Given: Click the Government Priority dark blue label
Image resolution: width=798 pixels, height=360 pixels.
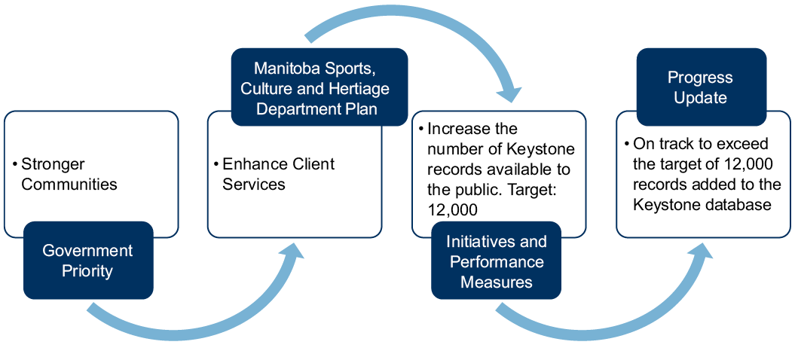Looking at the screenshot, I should (87, 261).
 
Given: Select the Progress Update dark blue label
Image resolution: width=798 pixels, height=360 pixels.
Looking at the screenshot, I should (701, 87).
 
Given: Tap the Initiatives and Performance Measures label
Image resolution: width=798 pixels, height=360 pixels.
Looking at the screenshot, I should (496, 261).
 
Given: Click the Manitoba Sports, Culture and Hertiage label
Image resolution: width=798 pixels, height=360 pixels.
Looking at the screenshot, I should (320, 88).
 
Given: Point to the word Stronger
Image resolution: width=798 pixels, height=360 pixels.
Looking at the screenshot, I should (53, 164).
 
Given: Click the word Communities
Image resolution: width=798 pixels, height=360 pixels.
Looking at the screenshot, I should (69, 185).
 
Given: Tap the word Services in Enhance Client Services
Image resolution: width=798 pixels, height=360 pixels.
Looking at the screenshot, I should (254, 185).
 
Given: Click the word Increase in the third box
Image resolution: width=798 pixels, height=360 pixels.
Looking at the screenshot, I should (459, 129).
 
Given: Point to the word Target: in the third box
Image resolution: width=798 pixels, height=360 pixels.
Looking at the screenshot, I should (530, 189).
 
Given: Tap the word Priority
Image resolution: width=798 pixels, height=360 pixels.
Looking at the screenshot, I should (87, 271).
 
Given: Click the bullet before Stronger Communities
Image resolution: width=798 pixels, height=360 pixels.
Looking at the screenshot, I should (15, 164).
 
